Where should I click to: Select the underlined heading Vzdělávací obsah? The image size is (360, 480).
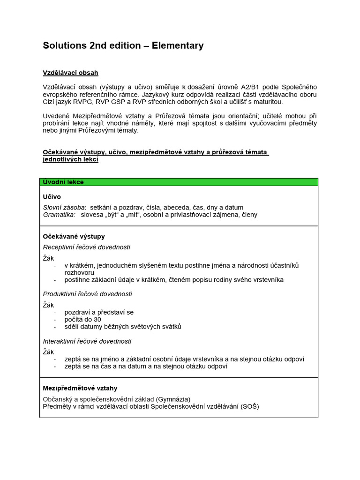point(70,73)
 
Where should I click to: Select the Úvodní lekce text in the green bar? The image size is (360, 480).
point(63,182)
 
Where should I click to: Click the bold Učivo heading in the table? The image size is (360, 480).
point(52,197)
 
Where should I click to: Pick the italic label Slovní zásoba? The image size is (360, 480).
point(64,207)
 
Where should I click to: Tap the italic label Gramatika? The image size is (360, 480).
point(59,215)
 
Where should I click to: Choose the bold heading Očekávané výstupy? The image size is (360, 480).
point(74,236)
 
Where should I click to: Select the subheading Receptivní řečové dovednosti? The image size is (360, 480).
point(87,247)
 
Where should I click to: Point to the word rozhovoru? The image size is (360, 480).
point(79,272)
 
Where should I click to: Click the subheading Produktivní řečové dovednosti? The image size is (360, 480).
point(88,294)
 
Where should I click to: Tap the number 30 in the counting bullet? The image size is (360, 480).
point(97,319)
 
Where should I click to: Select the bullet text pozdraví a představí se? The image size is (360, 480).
point(99,312)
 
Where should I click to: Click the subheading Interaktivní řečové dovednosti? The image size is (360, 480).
point(87,341)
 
